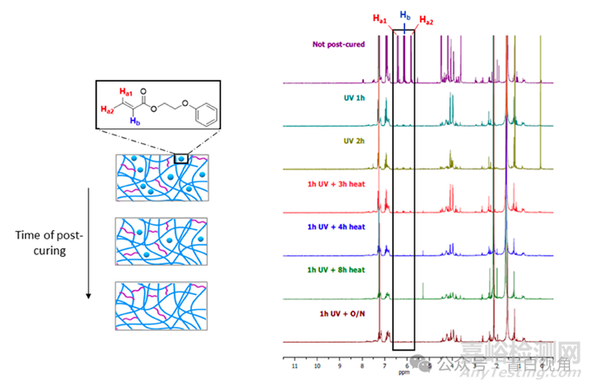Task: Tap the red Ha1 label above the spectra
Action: coord(381,18)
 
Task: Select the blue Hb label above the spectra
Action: coord(404,16)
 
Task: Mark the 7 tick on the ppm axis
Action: coord(384,365)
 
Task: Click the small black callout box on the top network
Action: coord(181,159)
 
